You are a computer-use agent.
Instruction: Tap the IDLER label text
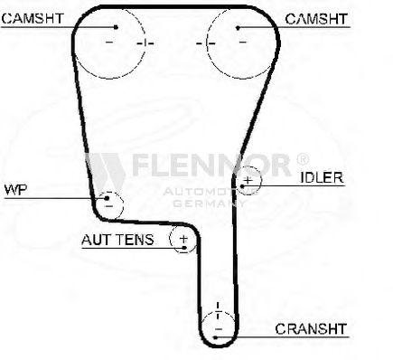(x=322, y=177)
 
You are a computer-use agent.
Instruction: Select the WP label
(x=14, y=190)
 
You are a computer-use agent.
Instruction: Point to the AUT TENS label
(x=117, y=240)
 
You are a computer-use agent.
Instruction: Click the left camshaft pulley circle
(x=108, y=42)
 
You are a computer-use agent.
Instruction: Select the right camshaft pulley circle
(x=239, y=42)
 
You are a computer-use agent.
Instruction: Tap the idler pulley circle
(x=248, y=179)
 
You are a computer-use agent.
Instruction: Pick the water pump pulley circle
(x=109, y=202)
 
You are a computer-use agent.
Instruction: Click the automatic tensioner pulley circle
(x=183, y=240)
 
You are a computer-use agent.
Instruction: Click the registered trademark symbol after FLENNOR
(x=302, y=158)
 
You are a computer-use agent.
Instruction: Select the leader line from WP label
(x=54, y=197)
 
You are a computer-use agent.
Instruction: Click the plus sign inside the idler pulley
(x=248, y=179)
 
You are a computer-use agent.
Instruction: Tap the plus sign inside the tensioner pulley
(x=183, y=240)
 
